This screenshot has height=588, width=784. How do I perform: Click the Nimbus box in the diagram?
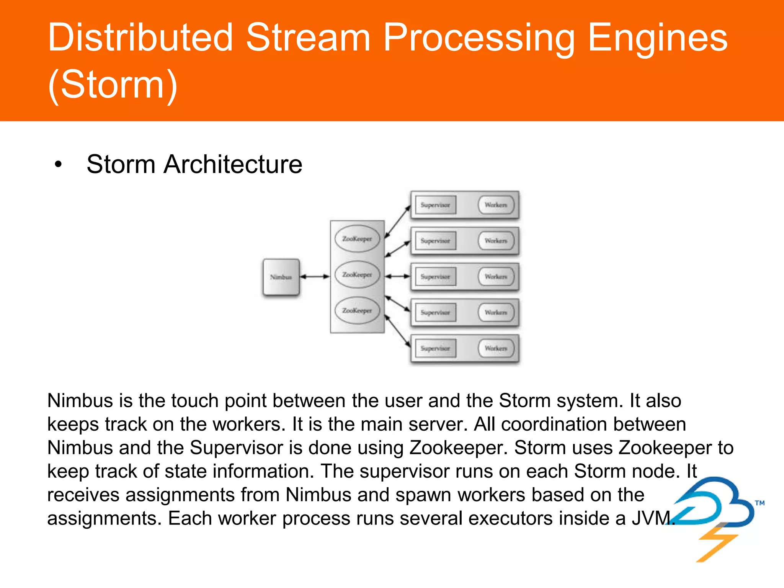281,277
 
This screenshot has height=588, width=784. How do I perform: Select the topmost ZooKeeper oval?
357,238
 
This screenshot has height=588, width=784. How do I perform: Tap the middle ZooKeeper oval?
357,274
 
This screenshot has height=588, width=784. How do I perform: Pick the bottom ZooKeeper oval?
357,310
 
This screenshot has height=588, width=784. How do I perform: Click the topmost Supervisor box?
436,205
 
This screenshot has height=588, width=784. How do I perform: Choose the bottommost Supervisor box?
436,348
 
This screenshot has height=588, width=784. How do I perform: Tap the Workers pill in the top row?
496,205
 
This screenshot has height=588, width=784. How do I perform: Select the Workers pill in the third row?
496,276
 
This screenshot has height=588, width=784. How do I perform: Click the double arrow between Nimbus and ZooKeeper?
314,276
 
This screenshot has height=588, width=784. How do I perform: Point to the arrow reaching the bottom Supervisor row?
397,332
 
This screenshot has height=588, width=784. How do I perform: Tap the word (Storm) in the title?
113,85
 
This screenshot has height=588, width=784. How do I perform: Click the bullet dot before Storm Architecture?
58,165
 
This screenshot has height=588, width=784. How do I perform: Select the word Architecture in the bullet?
233,164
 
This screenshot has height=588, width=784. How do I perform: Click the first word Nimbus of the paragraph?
80,401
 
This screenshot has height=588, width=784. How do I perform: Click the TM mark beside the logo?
759,503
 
